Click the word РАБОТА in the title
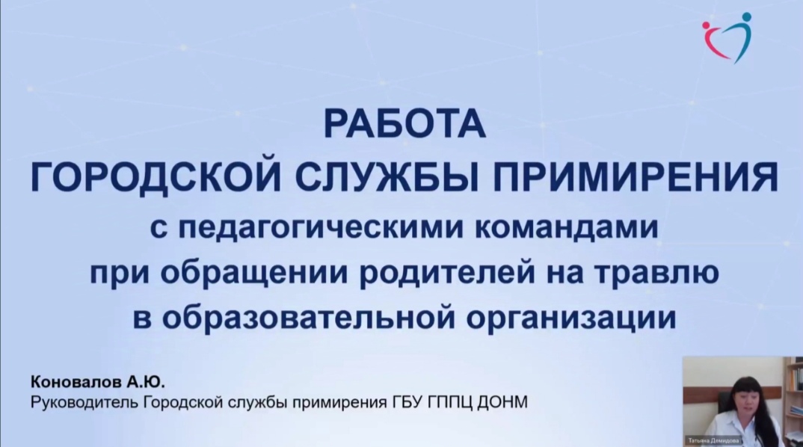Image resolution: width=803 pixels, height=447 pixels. coord(404,124)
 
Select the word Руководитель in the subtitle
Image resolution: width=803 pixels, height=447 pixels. coord(84,402)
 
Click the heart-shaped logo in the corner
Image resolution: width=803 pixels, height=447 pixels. coord(727,38)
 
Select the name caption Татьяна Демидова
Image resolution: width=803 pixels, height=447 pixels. coord(714,440)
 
